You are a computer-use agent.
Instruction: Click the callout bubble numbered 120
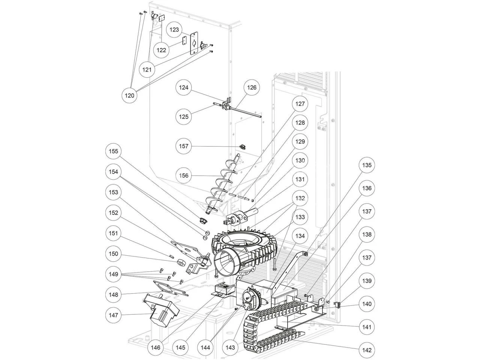(129, 96)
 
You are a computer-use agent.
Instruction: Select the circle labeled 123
(174, 30)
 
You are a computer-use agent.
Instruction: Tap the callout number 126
(252, 87)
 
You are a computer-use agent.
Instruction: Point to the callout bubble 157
(184, 146)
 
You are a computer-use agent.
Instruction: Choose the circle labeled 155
(113, 151)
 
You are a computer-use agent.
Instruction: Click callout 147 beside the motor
(113, 315)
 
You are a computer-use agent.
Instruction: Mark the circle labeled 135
(367, 165)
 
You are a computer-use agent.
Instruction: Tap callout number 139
(367, 280)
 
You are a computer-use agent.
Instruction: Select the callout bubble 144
(205, 348)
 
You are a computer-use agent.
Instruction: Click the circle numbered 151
(113, 233)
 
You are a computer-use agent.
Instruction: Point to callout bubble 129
(300, 142)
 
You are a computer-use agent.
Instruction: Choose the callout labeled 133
(300, 217)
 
